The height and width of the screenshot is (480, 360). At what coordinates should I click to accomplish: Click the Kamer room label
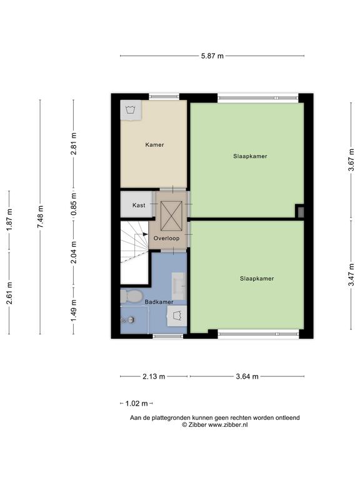coord(154,145)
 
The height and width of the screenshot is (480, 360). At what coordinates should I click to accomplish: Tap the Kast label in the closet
coord(139,205)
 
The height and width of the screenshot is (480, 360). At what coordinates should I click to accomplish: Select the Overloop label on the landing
coord(166,238)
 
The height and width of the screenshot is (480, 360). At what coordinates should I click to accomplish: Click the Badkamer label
coord(159,302)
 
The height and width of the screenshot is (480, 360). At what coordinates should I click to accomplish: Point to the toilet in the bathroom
coord(132,296)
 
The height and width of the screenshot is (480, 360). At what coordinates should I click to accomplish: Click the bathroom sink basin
coord(179,286)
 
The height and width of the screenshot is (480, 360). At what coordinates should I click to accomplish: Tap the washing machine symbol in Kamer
coord(131,110)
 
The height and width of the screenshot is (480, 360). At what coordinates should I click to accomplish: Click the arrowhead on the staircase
coord(145,234)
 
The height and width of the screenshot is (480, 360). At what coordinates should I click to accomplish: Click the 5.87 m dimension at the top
coord(212,56)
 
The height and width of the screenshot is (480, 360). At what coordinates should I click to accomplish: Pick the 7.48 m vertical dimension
coord(40,216)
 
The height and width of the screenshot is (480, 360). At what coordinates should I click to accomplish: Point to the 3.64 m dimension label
coord(247,376)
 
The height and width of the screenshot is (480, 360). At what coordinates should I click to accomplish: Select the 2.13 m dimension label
coord(154,376)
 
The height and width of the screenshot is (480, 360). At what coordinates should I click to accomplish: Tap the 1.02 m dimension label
coord(136,404)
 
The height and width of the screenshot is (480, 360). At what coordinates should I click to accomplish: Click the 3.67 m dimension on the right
coord(351,160)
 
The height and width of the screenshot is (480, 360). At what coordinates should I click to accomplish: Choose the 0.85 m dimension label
coord(74,203)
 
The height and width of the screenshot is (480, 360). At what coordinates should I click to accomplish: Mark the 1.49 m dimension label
coord(74,311)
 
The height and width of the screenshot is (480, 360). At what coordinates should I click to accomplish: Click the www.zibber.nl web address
coord(227,424)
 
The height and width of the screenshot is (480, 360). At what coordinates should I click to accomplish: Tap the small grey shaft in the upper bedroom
coord(301,212)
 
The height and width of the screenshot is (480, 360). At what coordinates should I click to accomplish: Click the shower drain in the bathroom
coord(131,320)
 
